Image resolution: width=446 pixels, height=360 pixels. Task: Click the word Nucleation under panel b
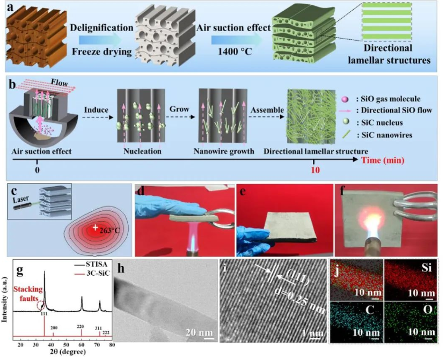coord(140,151)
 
